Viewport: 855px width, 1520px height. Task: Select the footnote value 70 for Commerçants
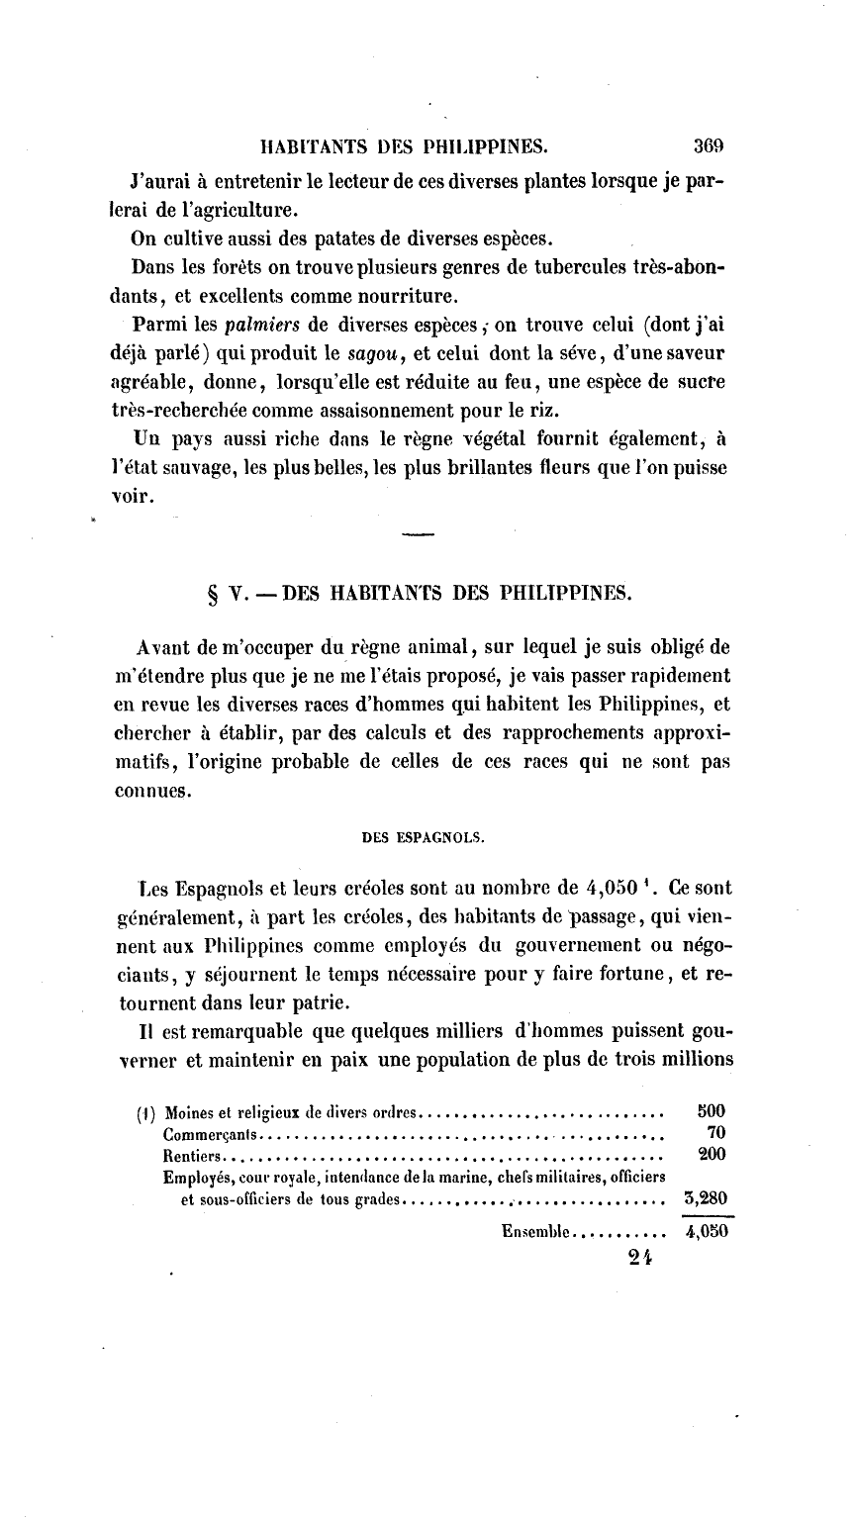pyautogui.click(x=717, y=1131)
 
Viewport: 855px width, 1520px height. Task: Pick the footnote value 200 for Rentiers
pyautogui.click(x=712, y=1154)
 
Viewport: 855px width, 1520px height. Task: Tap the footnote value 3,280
pyautogui.click(x=707, y=1199)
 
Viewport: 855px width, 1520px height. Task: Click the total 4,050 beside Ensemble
pyautogui.click(x=707, y=1233)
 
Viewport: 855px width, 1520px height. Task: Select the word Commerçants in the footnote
pyautogui.click(x=210, y=1132)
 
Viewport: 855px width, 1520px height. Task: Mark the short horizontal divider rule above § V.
pyautogui.click(x=419, y=535)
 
